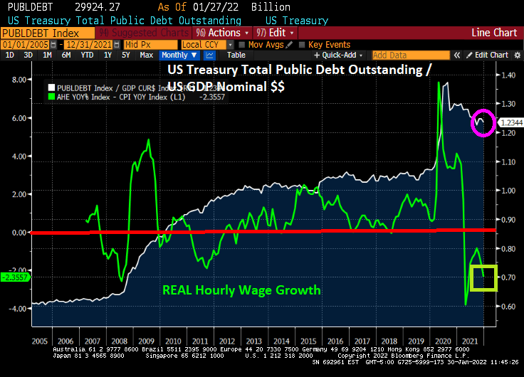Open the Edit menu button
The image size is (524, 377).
coord(276,33)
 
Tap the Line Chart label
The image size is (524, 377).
coord(494,33)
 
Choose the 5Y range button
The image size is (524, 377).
coord(125,55)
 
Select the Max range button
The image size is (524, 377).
coord(146,55)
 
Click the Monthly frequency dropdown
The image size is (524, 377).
coord(178,55)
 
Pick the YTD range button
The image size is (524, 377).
coord(87,55)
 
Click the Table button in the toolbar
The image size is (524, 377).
coord(236,55)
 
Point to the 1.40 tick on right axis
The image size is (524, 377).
coord(508,75)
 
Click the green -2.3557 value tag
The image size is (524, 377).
coord(14,277)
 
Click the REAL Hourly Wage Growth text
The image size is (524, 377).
coord(241,290)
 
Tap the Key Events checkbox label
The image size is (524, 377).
coord(328,45)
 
